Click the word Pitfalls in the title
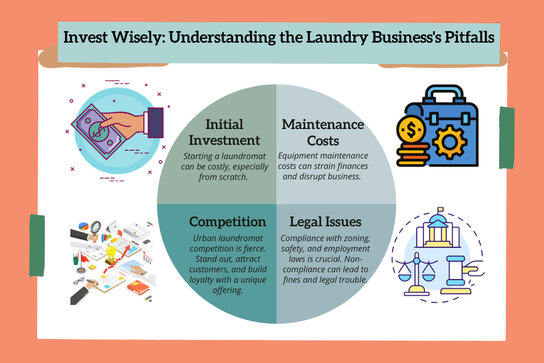tap(468, 38)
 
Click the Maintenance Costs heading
tap(323, 132)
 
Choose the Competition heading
tap(228, 221)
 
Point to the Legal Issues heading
tap(326, 221)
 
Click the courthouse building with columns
tap(439, 230)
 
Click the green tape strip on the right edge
tap(507, 137)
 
